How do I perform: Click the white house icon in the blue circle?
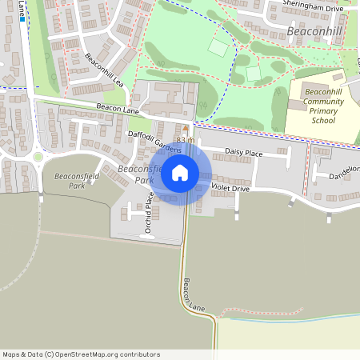[x=180, y=172]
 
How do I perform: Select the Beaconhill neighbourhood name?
[x=314, y=32]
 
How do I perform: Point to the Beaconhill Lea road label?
[x=104, y=70]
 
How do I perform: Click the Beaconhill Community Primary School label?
[x=323, y=106]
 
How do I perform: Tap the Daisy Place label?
[x=243, y=152]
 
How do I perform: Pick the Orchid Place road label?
[x=148, y=215]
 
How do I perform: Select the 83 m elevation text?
[x=186, y=140]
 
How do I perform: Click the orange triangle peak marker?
[x=186, y=128]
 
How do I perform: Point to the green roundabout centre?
[x=38, y=157]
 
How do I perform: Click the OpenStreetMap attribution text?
[x=81, y=354]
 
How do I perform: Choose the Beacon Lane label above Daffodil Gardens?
[x=119, y=107]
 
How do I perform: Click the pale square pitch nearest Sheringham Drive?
[x=218, y=46]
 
